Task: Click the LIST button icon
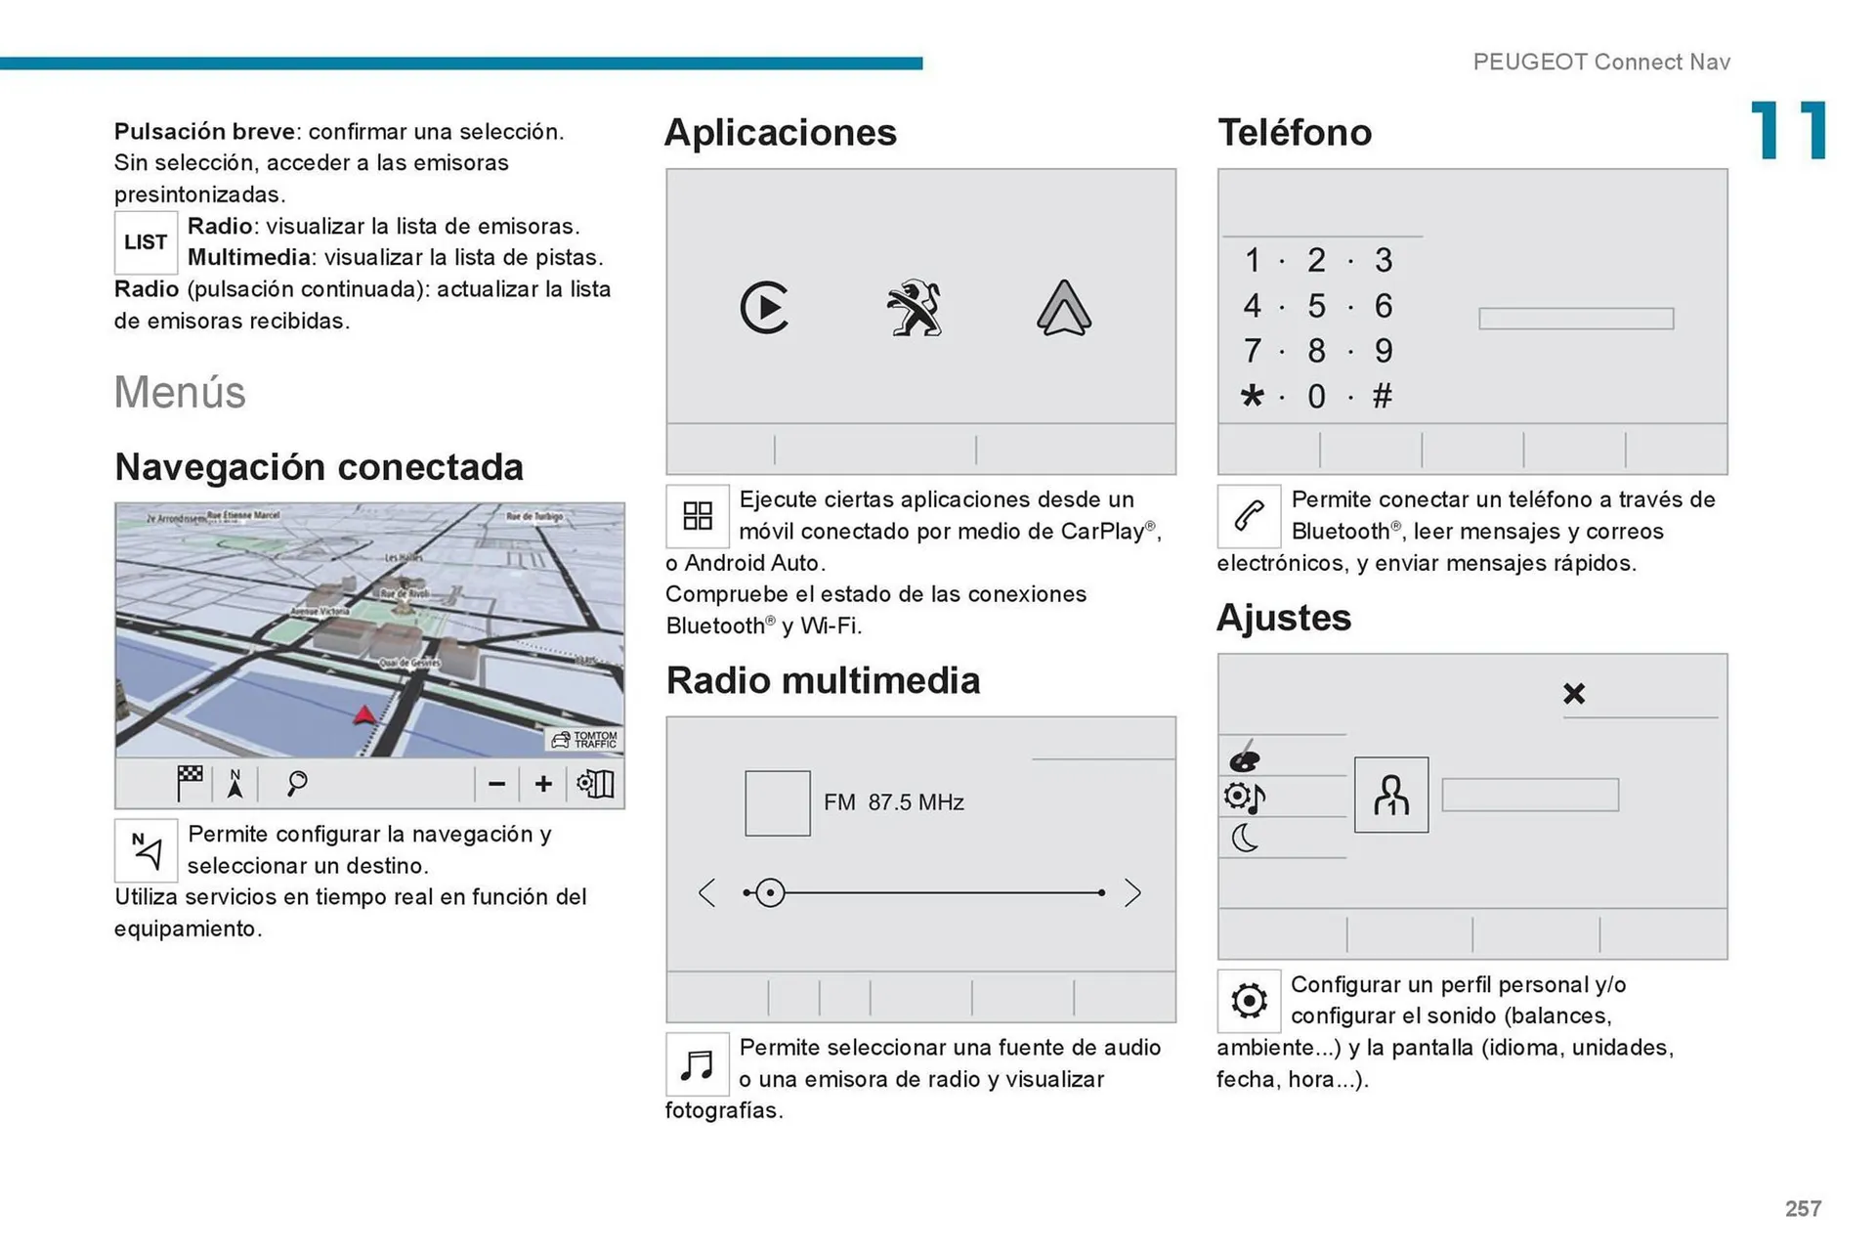point(146,242)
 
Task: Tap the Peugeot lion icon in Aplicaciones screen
point(915,308)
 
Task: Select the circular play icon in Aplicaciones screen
point(764,308)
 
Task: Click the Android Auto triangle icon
point(1063,308)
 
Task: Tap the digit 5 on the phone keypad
point(1316,306)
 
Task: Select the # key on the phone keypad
point(1382,396)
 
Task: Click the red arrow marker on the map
point(364,715)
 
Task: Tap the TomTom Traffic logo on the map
point(585,740)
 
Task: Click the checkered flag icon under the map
point(190,783)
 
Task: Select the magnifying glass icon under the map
point(297,783)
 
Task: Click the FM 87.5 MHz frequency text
point(893,802)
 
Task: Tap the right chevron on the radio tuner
point(1131,892)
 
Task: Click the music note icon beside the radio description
point(697,1064)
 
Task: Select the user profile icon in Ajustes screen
point(1390,795)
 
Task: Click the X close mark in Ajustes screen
point(1573,694)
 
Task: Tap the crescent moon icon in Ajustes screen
point(1245,838)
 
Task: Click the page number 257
point(1803,1209)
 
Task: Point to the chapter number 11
point(1788,131)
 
